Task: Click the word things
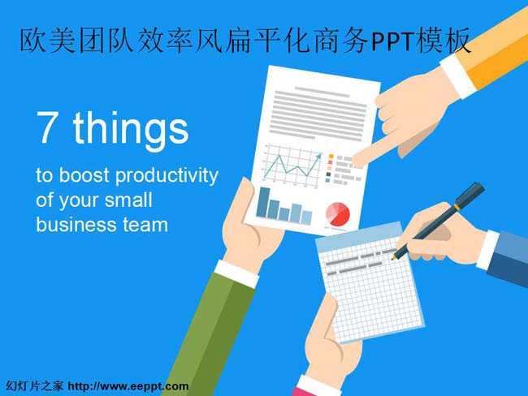tap(131, 131)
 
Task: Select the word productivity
tap(167, 176)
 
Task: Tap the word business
tap(76, 225)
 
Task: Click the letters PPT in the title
tap(393, 41)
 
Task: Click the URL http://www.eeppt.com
tap(128, 386)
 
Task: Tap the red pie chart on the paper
tap(338, 214)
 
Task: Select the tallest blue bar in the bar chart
tap(263, 202)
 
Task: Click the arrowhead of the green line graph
tap(319, 155)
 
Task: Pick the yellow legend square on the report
tap(331, 157)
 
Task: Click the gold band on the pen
tap(457, 207)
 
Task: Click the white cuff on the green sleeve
tap(236, 273)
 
